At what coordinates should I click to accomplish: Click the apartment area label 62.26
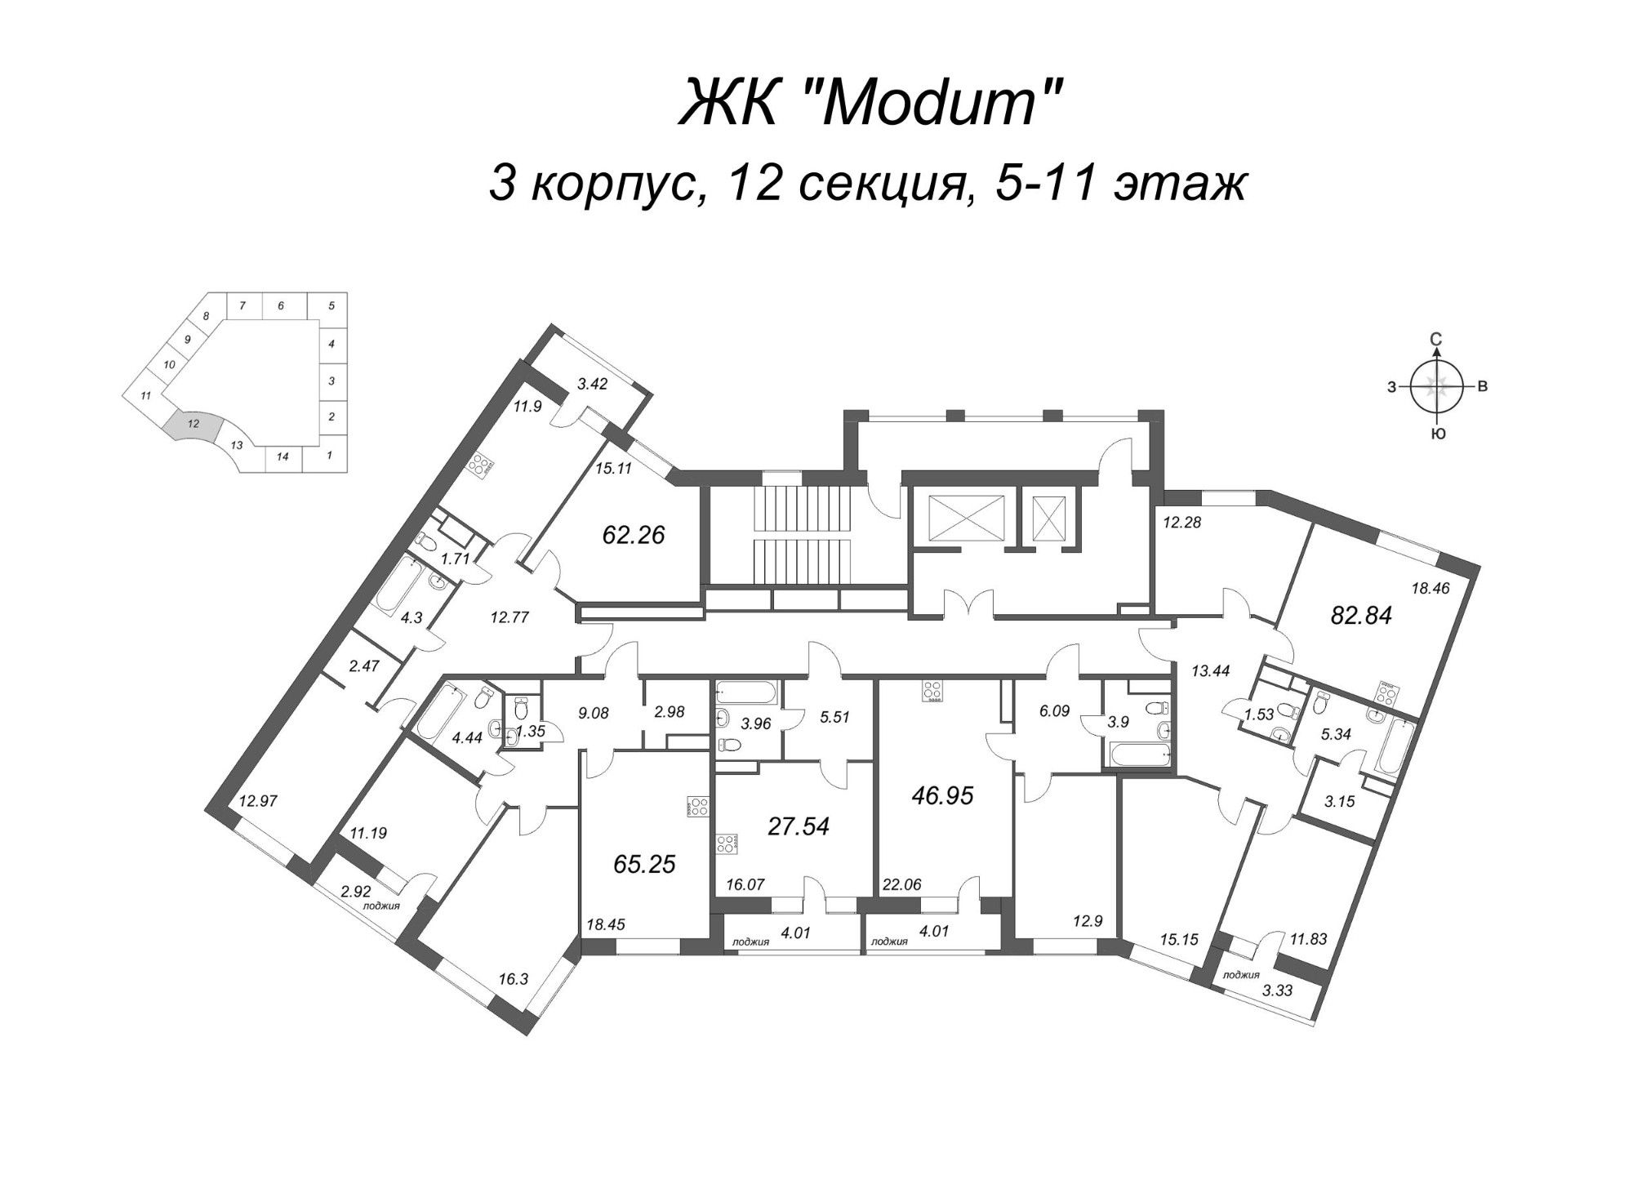[x=633, y=535]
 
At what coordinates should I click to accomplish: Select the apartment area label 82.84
[x=1361, y=615]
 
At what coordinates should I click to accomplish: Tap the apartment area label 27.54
[x=799, y=826]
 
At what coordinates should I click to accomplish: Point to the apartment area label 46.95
[x=943, y=795]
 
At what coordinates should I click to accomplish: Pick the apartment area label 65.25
[x=644, y=863]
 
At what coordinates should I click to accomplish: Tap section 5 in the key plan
[x=331, y=306]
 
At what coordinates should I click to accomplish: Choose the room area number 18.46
[x=1429, y=587]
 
